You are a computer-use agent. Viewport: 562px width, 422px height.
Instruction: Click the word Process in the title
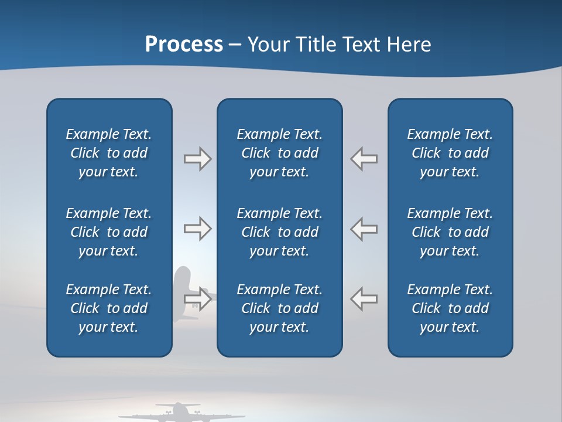click(184, 45)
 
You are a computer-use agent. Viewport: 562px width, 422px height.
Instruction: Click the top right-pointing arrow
click(197, 159)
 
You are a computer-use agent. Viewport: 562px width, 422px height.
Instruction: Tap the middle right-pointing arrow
click(197, 229)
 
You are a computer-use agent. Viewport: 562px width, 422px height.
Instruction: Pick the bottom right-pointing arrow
click(197, 298)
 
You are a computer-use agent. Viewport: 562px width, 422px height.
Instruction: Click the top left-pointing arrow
click(364, 159)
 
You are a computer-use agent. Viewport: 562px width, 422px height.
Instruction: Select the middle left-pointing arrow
click(364, 229)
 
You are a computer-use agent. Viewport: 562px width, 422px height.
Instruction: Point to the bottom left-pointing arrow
click(364, 298)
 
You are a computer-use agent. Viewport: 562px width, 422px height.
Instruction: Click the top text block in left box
click(109, 153)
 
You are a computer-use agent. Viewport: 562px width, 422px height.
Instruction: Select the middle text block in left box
click(109, 232)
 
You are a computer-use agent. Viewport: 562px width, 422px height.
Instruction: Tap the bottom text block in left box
click(109, 308)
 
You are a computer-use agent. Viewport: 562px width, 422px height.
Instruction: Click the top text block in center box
click(279, 153)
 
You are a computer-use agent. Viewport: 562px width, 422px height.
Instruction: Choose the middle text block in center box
click(279, 232)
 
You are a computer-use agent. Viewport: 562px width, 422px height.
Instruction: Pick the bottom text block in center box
click(279, 308)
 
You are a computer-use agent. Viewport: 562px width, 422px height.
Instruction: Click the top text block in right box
click(450, 153)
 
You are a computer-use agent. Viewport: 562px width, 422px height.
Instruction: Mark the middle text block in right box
click(450, 232)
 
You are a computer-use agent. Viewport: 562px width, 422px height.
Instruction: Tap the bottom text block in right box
click(450, 308)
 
